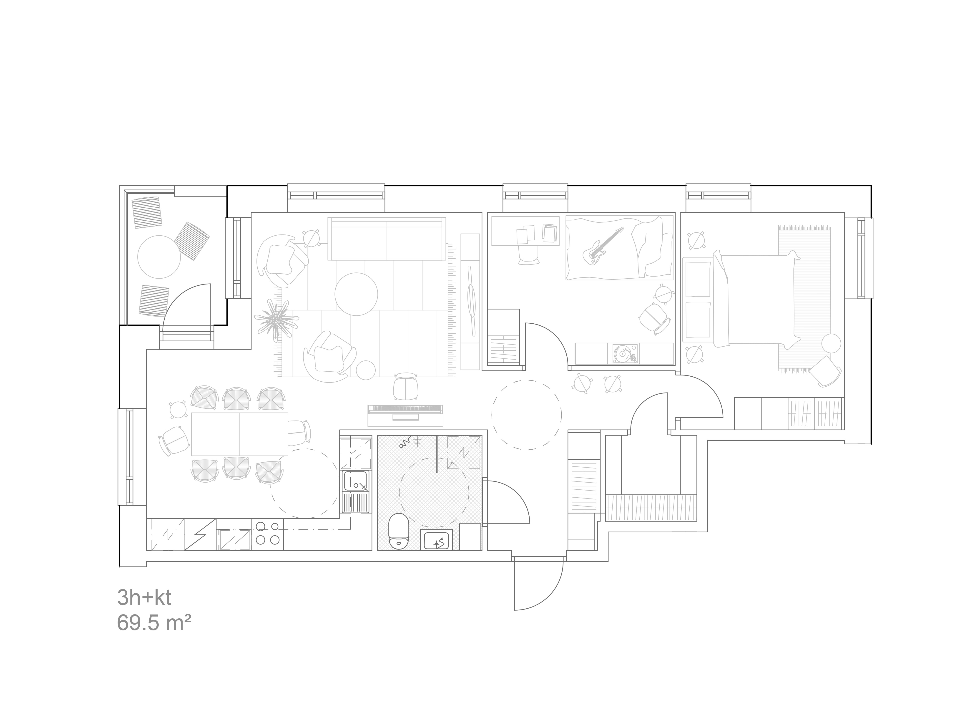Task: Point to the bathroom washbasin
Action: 436,540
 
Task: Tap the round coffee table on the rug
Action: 356,294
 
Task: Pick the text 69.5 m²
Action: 154,623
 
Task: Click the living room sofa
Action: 386,239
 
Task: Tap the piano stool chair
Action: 406,386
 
